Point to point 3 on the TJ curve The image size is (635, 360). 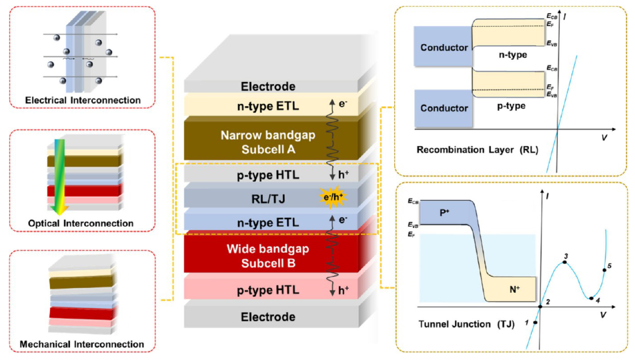(565, 262)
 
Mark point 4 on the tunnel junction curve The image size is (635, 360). (592, 298)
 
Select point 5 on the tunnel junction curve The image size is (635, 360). (604, 269)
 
